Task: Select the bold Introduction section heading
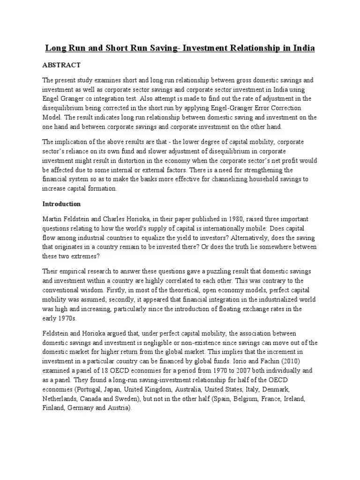click(x=62, y=204)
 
